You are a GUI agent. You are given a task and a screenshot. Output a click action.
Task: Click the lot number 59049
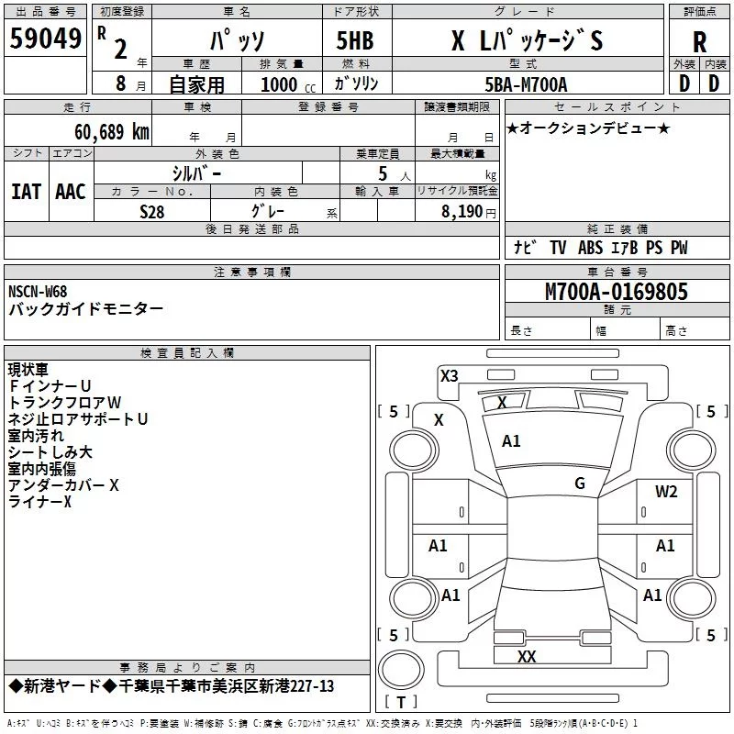[45, 39]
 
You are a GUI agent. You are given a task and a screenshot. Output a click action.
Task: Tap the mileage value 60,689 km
[112, 132]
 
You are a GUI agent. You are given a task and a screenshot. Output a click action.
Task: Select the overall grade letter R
[699, 42]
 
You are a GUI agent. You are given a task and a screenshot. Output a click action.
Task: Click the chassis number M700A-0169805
[617, 292]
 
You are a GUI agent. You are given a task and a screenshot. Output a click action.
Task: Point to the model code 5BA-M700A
[526, 84]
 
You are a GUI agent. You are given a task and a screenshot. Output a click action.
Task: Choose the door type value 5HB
[355, 40]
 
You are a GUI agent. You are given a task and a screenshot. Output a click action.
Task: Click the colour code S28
[151, 212]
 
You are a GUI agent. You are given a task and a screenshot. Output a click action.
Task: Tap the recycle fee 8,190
[462, 212]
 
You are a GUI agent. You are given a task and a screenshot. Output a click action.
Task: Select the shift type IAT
[27, 192]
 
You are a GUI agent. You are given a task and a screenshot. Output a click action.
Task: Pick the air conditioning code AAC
[71, 192]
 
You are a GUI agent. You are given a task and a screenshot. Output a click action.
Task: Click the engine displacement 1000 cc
[288, 84]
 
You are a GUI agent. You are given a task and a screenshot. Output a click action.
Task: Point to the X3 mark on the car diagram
[449, 375]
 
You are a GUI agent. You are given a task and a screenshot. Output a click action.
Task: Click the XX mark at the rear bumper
[527, 656]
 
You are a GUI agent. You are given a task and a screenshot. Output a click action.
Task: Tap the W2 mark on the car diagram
[666, 492]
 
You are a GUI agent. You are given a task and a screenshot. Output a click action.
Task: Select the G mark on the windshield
[580, 483]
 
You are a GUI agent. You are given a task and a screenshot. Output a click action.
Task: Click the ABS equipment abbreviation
[590, 248]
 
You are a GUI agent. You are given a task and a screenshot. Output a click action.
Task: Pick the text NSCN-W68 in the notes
[38, 292]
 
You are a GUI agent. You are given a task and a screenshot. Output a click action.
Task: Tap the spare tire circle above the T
[401, 670]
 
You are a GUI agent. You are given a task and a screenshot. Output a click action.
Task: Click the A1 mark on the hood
[511, 441]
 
